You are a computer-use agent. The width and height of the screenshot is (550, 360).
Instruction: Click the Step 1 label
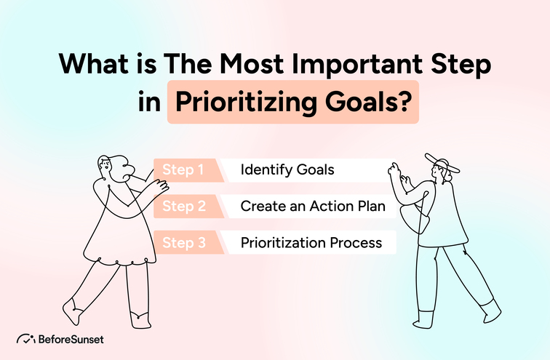pos(183,170)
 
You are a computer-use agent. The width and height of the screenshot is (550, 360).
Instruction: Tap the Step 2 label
pos(183,207)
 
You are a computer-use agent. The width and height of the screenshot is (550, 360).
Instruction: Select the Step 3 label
pos(183,243)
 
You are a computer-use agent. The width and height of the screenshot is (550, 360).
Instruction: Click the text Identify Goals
pos(287,170)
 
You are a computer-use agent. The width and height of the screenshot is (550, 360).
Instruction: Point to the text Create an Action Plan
pos(318,207)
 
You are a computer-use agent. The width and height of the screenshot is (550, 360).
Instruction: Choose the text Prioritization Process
pos(311,243)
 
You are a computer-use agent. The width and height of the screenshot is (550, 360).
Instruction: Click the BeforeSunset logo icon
pos(25,337)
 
